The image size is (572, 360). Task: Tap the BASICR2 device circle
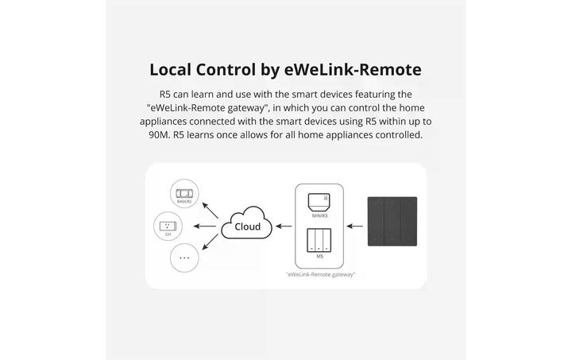click(184, 195)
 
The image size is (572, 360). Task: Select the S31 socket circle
click(168, 226)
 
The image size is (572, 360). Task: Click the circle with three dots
click(184, 257)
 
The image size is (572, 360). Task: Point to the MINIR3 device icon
click(319, 201)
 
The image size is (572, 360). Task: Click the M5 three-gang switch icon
click(319, 241)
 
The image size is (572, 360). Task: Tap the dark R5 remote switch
click(391, 225)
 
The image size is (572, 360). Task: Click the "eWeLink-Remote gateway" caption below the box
click(320, 274)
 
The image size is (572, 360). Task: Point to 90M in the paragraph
click(159, 135)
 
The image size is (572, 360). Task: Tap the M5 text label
click(319, 257)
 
